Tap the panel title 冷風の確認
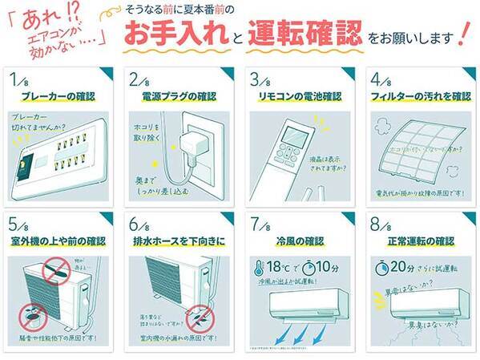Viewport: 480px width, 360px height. pyautogui.click(x=296, y=240)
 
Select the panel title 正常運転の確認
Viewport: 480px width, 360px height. pyautogui.click(x=417, y=240)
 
